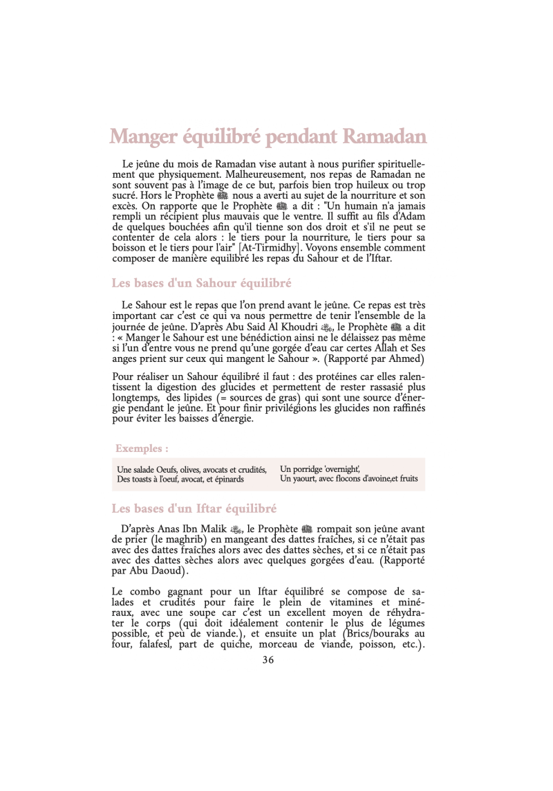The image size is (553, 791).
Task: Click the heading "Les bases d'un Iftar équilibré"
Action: click(x=194, y=509)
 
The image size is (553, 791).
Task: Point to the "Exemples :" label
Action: click(x=141, y=448)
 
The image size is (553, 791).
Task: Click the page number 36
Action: click(x=268, y=660)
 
